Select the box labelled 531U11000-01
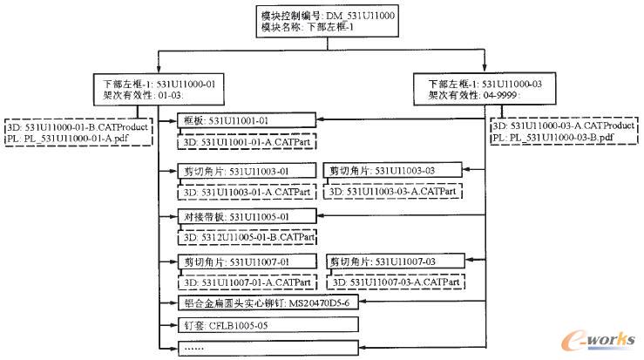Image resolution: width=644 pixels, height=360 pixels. click(x=158, y=88)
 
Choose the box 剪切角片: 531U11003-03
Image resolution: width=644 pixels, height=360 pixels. click(x=392, y=171)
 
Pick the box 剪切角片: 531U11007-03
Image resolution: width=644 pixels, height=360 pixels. click(x=392, y=262)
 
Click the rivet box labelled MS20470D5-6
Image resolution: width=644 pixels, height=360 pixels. click(x=266, y=303)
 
